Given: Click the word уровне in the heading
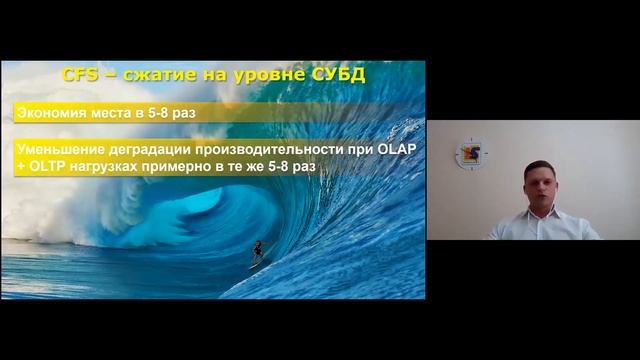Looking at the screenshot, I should click(265, 75).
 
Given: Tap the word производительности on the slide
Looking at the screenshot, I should click(270, 149).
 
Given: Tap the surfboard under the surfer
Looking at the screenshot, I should click(256, 266).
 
